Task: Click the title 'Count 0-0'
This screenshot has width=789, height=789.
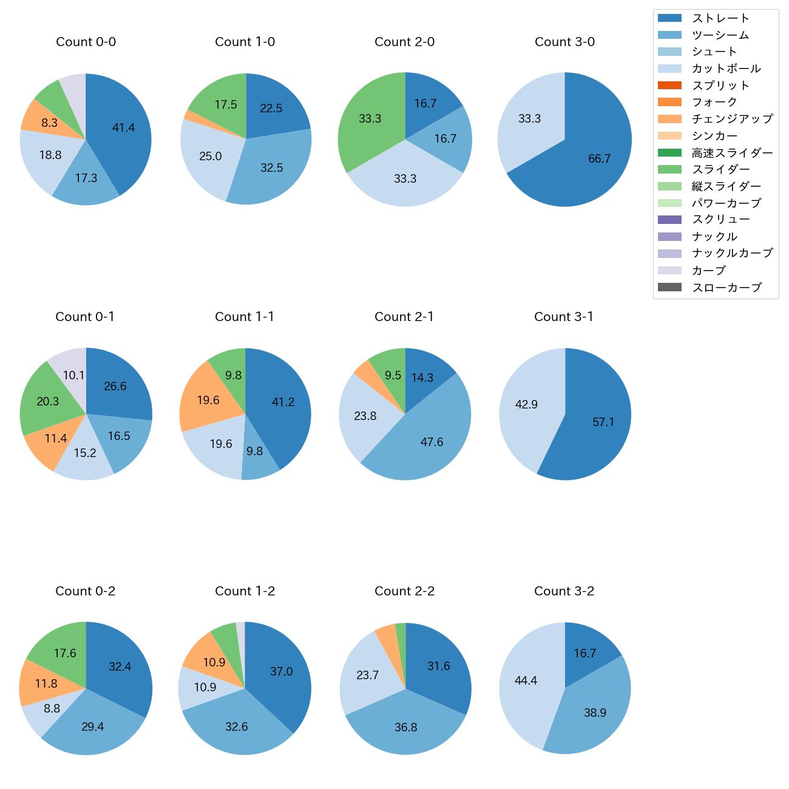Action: (x=86, y=42)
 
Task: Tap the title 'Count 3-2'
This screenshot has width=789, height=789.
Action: (x=564, y=591)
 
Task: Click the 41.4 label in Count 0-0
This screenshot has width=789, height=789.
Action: (x=123, y=127)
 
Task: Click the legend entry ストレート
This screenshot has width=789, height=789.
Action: (x=720, y=18)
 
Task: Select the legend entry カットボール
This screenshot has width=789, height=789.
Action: (x=726, y=69)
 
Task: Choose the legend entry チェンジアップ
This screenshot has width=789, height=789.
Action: (x=732, y=119)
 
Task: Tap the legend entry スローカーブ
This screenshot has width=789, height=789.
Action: (x=726, y=288)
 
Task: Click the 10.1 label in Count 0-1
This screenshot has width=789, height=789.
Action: (x=73, y=375)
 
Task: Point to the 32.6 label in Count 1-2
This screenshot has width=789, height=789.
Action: (x=236, y=726)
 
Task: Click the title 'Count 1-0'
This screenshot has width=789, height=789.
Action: (x=245, y=42)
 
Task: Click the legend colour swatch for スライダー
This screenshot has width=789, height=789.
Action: (x=669, y=169)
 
